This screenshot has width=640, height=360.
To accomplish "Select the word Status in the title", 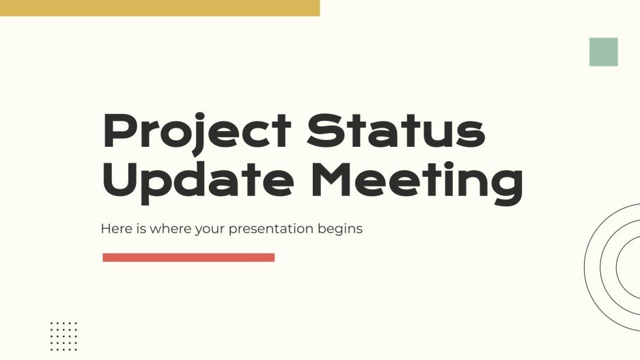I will [396, 132].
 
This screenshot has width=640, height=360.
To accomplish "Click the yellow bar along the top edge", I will [159, 8].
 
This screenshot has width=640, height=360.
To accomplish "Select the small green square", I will [603, 52].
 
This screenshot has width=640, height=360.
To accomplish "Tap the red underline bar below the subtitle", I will [189, 258].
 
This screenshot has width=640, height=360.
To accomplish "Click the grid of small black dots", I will [64, 335].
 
